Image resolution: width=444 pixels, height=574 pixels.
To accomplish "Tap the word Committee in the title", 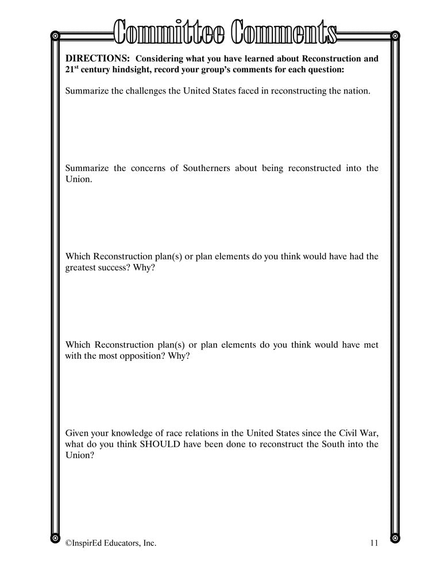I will (x=169, y=32).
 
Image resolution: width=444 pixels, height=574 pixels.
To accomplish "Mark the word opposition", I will (x=140, y=356).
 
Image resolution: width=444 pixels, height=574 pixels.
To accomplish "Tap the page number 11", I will (x=374, y=542).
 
